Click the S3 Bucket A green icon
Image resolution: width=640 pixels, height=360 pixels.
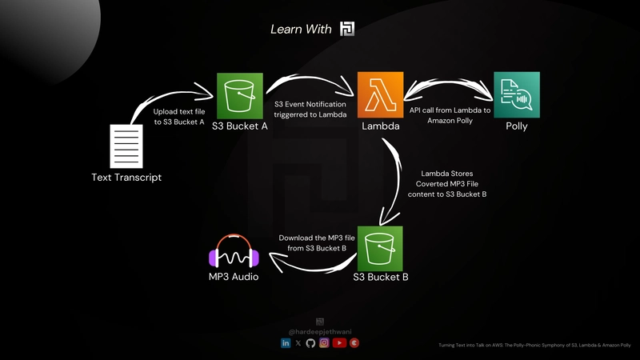pyautogui.click(x=240, y=95)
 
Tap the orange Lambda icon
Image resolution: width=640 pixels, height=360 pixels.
pyautogui.click(x=379, y=95)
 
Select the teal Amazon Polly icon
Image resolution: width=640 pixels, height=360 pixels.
pyautogui.click(x=516, y=95)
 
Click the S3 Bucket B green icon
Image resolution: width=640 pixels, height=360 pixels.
pyautogui.click(x=380, y=249)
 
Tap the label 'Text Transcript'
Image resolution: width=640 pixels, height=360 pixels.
pyautogui.click(x=126, y=177)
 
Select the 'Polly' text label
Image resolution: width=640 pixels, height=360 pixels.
pyautogui.click(x=516, y=126)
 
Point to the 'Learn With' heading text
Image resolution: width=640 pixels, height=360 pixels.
pyautogui.click(x=302, y=29)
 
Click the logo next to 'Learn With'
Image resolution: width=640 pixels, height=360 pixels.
pyautogui.click(x=347, y=29)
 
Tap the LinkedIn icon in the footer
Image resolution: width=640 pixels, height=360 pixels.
pyautogui.click(x=286, y=342)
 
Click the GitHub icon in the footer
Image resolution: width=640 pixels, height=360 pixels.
pyautogui.click(x=311, y=342)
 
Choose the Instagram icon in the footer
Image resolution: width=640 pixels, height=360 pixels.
pyautogui.click(x=324, y=342)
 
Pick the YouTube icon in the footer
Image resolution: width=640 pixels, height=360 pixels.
pyautogui.click(x=338, y=342)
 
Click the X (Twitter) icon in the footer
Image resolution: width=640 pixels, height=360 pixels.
pyautogui.click(x=298, y=342)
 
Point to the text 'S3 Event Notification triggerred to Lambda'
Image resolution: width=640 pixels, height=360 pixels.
pyautogui.click(x=310, y=110)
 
